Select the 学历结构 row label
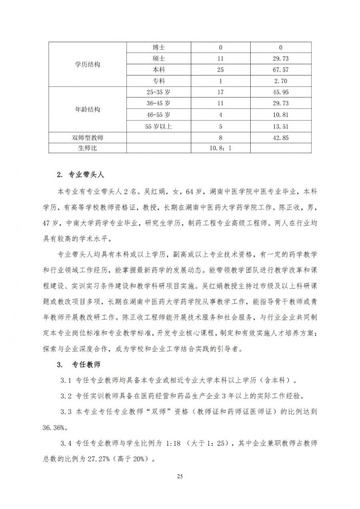click(88, 64)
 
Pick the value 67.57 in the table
click(280, 70)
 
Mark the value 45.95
click(280, 92)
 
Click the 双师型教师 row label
click(88, 138)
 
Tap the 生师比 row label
click(88, 148)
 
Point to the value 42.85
click(280, 138)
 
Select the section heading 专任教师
click(86, 365)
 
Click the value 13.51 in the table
click(280, 126)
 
